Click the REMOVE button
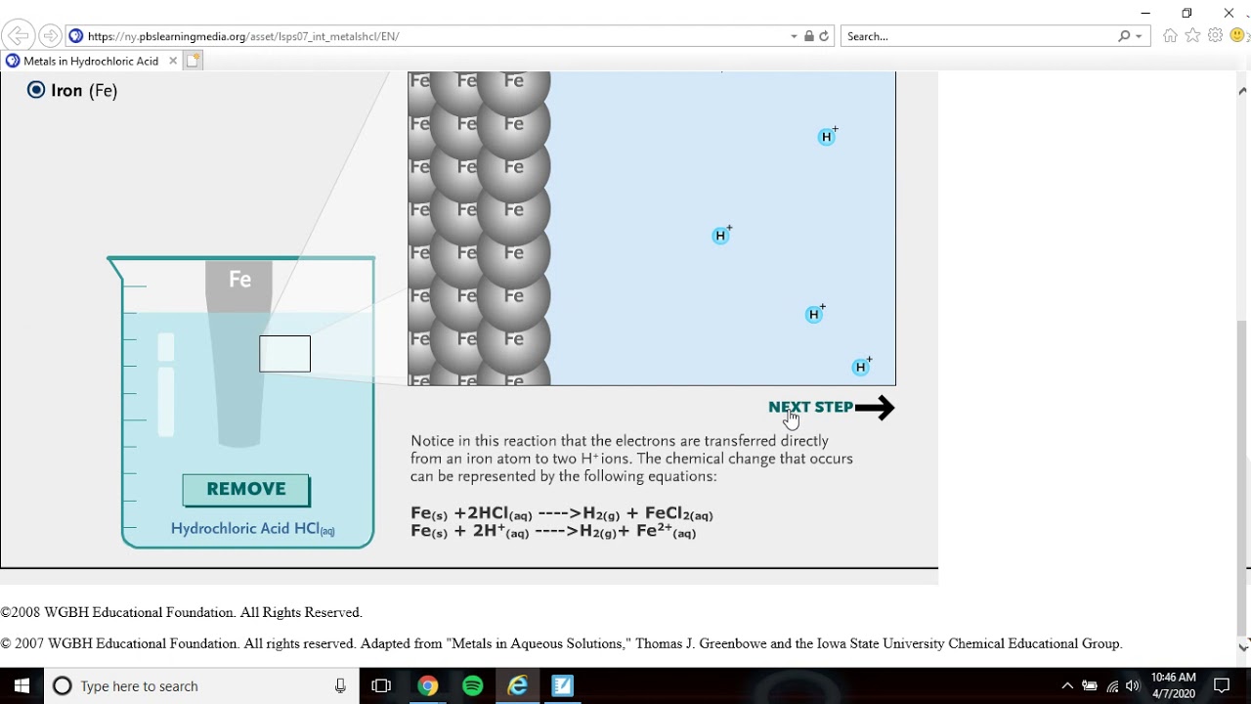click(246, 490)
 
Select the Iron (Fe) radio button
click(36, 90)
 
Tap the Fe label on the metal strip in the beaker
click(239, 280)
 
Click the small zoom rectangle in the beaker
click(284, 354)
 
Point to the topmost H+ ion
click(827, 137)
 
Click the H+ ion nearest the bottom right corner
click(860, 368)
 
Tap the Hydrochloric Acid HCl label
click(252, 529)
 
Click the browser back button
click(18, 36)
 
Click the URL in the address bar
click(243, 36)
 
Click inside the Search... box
click(977, 36)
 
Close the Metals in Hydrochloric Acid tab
click(173, 61)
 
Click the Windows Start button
click(22, 685)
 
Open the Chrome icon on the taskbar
click(427, 685)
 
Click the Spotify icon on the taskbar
click(472, 685)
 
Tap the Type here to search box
click(195, 685)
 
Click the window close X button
click(1229, 13)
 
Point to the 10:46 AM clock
click(1173, 678)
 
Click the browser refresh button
click(824, 36)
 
